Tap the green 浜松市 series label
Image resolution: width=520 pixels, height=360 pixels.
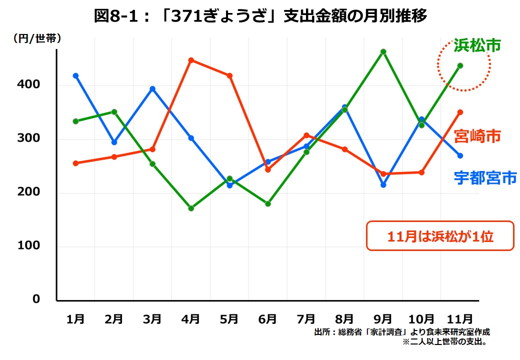[477, 45]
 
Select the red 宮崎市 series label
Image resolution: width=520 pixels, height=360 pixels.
[477, 135]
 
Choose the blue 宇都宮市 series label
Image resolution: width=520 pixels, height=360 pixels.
[485, 177]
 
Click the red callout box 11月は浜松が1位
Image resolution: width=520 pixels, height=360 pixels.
[440, 236]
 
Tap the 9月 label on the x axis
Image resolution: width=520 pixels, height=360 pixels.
[383, 318]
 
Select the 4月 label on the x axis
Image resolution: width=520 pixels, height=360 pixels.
[191, 318]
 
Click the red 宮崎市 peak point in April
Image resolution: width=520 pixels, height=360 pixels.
[191, 60]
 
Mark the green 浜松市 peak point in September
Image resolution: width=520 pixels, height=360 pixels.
[383, 51]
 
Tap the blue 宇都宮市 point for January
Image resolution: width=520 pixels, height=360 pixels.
[75, 75]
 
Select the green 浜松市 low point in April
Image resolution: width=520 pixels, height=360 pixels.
[191, 208]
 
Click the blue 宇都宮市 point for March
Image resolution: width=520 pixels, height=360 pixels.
[152, 88]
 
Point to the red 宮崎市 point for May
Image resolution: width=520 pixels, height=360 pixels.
[229, 75]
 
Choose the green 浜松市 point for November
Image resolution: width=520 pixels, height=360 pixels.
[460, 65]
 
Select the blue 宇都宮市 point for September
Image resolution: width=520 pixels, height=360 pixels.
[383, 185]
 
